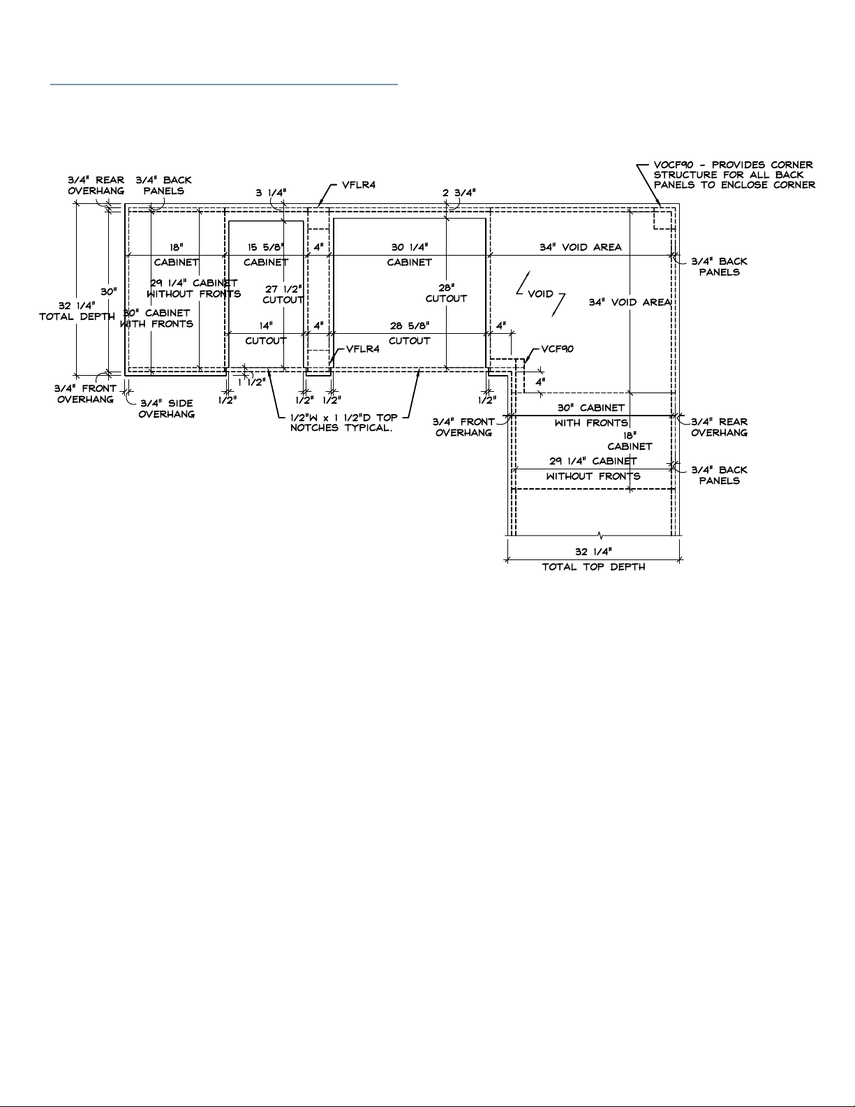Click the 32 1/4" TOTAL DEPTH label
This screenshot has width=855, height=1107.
77,311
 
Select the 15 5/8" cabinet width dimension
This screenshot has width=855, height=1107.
266,247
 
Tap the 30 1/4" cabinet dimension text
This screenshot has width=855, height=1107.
409,247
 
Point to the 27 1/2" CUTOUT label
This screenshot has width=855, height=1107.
283,295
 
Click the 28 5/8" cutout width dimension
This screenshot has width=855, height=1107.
410,325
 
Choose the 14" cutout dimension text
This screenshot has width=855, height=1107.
266,325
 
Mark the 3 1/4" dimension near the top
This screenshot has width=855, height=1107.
271,193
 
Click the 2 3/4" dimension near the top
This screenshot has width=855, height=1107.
459,193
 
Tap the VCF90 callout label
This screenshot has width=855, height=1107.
557,349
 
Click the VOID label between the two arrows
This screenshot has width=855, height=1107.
540,294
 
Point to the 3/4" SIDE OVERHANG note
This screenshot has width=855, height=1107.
167,409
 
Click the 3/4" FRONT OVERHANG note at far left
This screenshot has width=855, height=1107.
85,394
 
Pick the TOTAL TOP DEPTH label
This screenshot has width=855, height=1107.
593,567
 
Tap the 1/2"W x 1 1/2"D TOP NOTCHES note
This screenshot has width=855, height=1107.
344,423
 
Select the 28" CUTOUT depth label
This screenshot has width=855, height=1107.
446,293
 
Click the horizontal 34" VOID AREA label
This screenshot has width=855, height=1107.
581,247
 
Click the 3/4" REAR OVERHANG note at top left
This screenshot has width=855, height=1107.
96,186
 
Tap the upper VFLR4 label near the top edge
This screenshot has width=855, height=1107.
359,185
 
